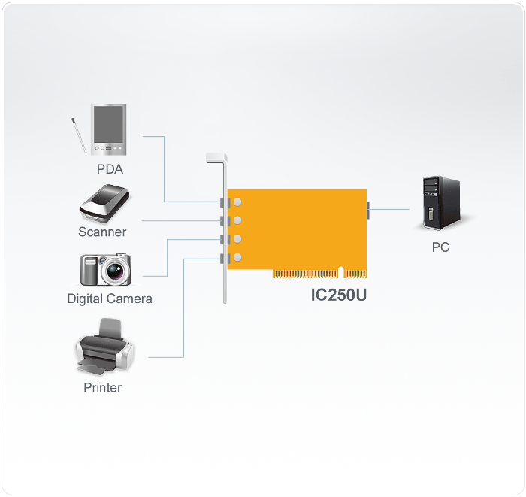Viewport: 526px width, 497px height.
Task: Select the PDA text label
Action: click(x=110, y=168)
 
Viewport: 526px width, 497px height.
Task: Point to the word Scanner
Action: click(x=102, y=232)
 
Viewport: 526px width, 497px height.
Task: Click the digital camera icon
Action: click(x=106, y=269)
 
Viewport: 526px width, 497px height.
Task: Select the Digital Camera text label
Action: click(x=110, y=299)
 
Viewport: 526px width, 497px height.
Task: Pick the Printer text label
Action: click(x=102, y=388)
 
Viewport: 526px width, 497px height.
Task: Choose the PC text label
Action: click(x=440, y=247)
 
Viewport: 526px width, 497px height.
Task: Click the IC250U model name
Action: click(x=339, y=294)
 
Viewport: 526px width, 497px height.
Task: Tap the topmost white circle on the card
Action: click(x=237, y=202)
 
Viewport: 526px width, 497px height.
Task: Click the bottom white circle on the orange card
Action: click(x=237, y=258)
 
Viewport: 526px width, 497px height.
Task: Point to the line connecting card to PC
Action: click(x=391, y=208)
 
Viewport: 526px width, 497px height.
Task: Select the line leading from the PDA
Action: click(x=164, y=169)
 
